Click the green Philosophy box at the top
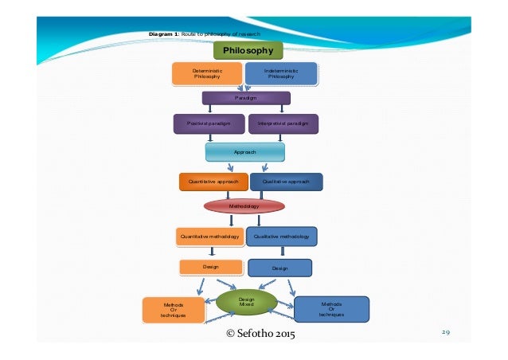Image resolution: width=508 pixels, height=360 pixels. [x=248, y=51]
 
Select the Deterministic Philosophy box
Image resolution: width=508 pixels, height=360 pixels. [x=207, y=74]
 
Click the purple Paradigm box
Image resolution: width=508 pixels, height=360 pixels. [x=245, y=98]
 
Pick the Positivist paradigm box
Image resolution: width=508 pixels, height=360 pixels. [x=209, y=123]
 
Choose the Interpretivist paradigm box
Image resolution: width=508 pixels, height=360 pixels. [x=283, y=123]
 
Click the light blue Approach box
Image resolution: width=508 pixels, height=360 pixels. [x=245, y=151]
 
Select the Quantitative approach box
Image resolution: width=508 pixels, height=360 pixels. [x=213, y=182]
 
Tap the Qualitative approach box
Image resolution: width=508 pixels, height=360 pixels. [x=286, y=182]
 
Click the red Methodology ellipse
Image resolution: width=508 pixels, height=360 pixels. [x=244, y=205]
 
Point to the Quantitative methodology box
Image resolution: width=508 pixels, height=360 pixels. [x=209, y=237]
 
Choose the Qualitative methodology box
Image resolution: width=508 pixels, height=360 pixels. [x=281, y=237]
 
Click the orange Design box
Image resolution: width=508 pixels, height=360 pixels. [x=210, y=266]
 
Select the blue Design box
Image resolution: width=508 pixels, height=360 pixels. [x=279, y=268]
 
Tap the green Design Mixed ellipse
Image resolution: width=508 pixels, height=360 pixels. [x=246, y=302]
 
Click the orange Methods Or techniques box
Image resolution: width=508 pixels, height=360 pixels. [x=173, y=310]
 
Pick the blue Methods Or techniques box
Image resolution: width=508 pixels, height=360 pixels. [x=331, y=309]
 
